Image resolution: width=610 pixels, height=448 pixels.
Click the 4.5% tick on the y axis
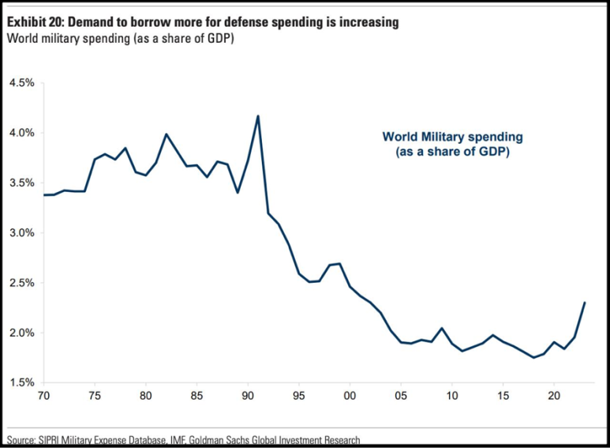click(x=22, y=83)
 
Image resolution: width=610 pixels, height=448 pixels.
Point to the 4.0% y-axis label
click(x=22, y=133)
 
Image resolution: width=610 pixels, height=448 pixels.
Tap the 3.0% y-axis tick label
click(x=22, y=233)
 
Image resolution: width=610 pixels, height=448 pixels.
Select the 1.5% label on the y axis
click(x=22, y=382)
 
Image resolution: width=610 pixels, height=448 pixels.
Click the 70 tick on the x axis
click(x=44, y=393)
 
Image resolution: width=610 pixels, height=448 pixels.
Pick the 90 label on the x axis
click(x=248, y=393)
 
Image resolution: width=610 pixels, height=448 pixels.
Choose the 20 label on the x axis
click(x=553, y=393)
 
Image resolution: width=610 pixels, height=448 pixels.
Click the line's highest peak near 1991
click(x=258, y=116)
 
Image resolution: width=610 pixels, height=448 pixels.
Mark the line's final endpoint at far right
click(x=584, y=303)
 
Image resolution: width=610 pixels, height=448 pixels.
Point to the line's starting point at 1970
click(x=44, y=194)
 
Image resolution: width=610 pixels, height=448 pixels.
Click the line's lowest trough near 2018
click(x=533, y=357)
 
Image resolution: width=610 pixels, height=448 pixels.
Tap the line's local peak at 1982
click(x=167, y=134)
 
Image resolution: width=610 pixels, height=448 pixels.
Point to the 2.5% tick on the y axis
click(x=22, y=283)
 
